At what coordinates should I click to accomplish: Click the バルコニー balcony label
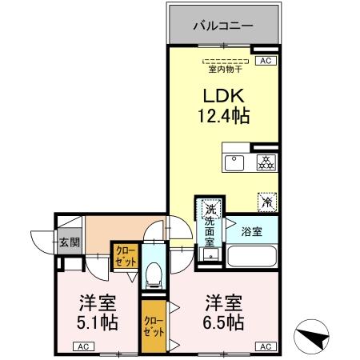223,26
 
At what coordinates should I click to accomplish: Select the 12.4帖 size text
223,116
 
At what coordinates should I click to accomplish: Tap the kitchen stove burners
265,162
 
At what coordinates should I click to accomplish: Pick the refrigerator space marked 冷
266,202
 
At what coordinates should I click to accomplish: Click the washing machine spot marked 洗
211,206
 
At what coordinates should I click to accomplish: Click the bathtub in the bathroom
252,257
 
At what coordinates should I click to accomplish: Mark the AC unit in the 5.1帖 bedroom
82,346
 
